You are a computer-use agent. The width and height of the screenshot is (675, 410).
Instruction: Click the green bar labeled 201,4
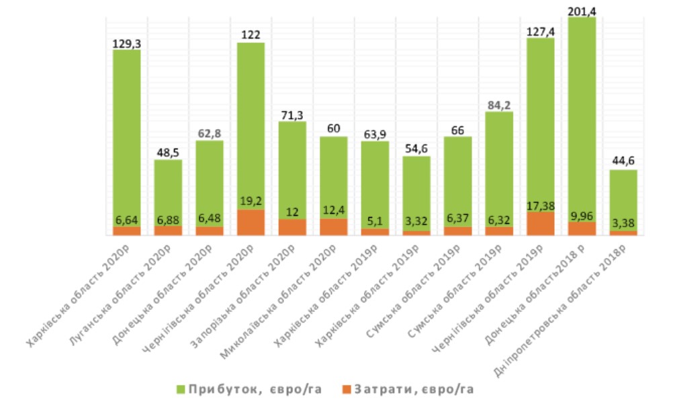pyautogui.click(x=582, y=114)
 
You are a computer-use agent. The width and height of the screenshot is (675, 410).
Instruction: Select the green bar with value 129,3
pyautogui.click(x=126, y=134)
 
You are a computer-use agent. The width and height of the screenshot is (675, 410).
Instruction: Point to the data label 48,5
pyautogui.click(x=168, y=153)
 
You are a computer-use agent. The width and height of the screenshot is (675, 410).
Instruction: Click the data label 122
pyautogui.click(x=251, y=35)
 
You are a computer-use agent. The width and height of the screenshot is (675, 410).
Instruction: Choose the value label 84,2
pyautogui.click(x=499, y=104)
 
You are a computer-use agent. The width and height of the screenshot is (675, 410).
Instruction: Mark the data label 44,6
pyautogui.click(x=623, y=162)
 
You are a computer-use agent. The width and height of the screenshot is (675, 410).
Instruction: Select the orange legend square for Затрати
pyautogui.click(x=347, y=389)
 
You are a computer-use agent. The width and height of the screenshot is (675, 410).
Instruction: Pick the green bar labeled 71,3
pyautogui.click(x=292, y=168)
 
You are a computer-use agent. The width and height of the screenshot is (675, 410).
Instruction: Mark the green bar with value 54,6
pyautogui.click(x=416, y=192)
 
